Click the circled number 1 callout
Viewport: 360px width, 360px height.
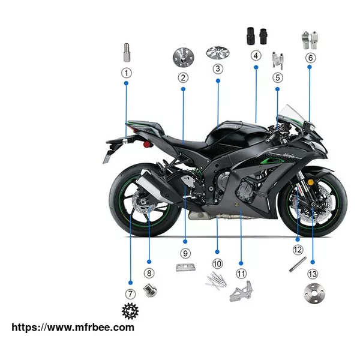[x=126, y=73]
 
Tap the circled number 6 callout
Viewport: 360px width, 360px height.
[x=310, y=58]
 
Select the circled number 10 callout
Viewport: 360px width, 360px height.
[x=217, y=264]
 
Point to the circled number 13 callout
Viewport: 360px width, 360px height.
[x=313, y=274]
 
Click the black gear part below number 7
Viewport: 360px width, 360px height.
[x=130, y=311]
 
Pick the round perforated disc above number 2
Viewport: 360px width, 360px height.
[x=183, y=58]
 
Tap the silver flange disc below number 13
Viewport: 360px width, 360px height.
[x=314, y=293]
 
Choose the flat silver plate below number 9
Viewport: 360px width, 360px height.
[x=185, y=267]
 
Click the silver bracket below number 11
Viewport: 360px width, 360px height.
[x=241, y=291]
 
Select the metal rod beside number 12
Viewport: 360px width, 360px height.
[x=298, y=264]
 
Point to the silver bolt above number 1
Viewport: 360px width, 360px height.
[x=127, y=53]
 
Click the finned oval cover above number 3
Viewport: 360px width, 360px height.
[x=218, y=53]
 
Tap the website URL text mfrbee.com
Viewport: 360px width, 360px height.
[x=73, y=327]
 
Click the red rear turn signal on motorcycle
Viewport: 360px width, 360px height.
[x=146, y=145]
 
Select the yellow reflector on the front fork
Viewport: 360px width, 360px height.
[x=310, y=183]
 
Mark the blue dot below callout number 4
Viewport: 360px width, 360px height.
[x=256, y=67]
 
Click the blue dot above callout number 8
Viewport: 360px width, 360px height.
[x=149, y=262]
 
